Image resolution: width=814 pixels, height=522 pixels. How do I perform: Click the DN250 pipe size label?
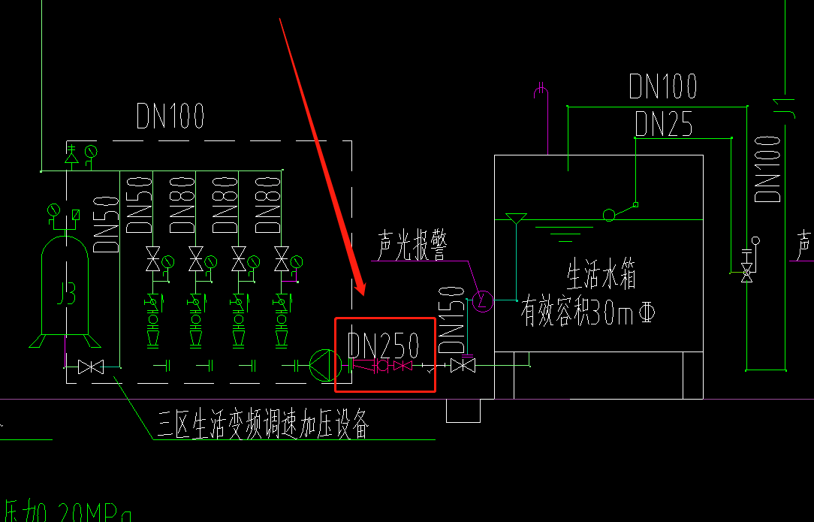tap(383, 345)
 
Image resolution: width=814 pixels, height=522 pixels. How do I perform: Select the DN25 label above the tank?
tap(663, 125)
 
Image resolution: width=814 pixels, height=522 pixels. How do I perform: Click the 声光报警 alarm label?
tap(412, 246)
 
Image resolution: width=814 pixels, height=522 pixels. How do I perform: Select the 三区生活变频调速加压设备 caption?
tap(263, 424)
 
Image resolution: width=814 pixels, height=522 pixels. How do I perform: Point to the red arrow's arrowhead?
tap(362, 291)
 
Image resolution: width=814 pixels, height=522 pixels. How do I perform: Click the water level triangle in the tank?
tap(515, 219)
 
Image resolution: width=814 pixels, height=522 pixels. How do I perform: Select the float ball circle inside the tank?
tap(609, 215)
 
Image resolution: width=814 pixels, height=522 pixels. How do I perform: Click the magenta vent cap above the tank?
tap(541, 91)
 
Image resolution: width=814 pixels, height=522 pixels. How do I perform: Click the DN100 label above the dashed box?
tap(170, 116)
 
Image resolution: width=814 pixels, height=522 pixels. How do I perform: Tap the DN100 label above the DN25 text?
tap(663, 87)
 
